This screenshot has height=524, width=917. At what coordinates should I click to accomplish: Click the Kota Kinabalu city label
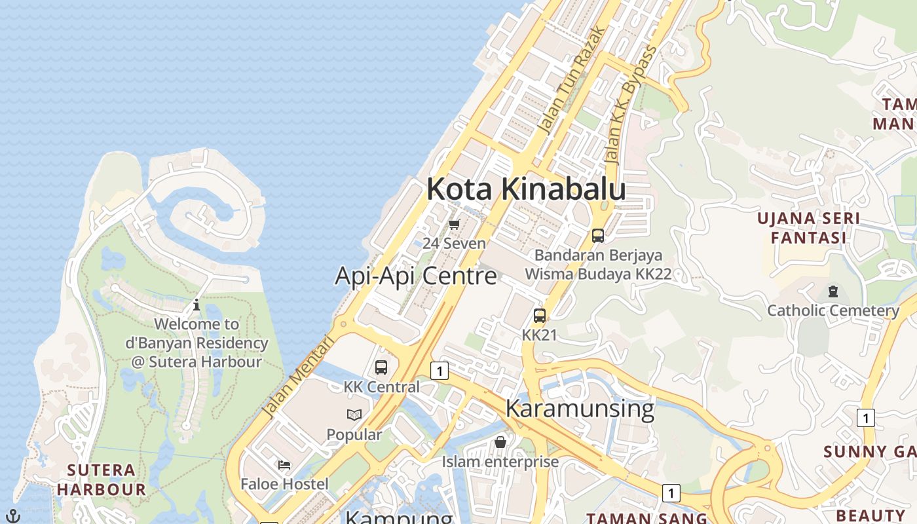point(526,189)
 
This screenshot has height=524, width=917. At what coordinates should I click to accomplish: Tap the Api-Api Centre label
point(416,276)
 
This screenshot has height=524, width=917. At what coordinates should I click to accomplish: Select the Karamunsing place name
point(580,408)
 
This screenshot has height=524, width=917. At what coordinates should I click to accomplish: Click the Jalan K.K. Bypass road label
point(630,105)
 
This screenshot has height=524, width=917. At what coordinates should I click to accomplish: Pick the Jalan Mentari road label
point(298,376)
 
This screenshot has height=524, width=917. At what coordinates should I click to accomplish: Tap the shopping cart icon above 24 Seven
point(455,224)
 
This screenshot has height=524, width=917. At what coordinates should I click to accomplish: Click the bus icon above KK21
point(540,316)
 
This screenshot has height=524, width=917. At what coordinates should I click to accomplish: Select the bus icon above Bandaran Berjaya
point(597,236)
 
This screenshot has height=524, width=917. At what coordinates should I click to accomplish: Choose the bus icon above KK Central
point(381,367)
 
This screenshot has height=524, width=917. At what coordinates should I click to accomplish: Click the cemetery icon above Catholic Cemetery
point(833,291)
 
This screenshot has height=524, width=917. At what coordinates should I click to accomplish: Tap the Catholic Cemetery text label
point(833,310)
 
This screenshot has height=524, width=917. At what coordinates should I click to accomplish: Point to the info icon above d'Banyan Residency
point(196,305)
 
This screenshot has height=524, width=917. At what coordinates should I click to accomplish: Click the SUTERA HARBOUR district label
point(102,479)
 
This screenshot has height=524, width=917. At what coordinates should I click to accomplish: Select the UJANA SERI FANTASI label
point(808,227)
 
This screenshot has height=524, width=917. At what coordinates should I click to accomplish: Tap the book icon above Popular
point(354,415)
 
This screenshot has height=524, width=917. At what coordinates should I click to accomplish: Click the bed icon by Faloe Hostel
point(284,465)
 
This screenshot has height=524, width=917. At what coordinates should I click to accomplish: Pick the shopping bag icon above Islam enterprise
point(500,442)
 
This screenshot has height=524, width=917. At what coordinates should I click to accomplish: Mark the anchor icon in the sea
point(13,515)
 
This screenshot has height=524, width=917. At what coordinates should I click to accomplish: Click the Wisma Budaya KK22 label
point(599,274)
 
